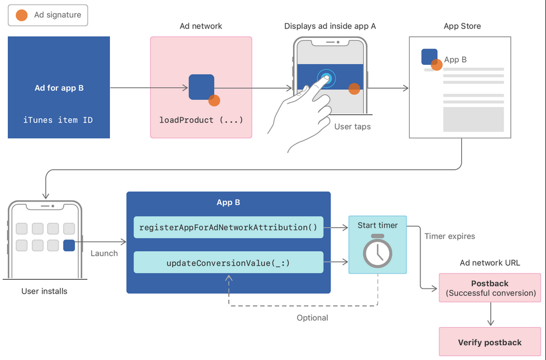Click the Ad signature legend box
[x=48, y=15]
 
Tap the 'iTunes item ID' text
[x=58, y=120]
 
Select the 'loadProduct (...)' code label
[x=201, y=120]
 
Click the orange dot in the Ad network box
[x=214, y=100]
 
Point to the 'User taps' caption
[x=352, y=127]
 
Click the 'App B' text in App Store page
[x=456, y=60]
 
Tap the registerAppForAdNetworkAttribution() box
[x=228, y=227]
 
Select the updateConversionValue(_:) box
[x=228, y=262]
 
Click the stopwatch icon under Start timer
[x=377, y=251]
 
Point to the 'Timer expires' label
[x=449, y=236]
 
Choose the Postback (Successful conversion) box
[x=490, y=288]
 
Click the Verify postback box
[x=490, y=342]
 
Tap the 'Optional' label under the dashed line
[x=312, y=318]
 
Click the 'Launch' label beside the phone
[x=104, y=253]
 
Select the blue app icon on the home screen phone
[x=69, y=245]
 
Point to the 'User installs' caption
[x=45, y=291]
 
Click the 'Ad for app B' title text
[x=59, y=88]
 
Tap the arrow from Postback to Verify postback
[x=490, y=315]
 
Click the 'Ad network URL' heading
[x=490, y=263]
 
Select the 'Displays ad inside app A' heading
[x=330, y=26]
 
